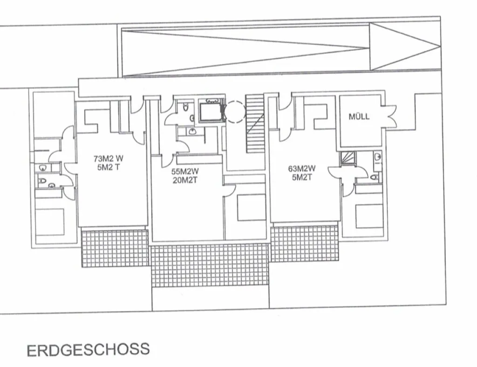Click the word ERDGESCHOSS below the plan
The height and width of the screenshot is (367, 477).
click(x=88, y=350)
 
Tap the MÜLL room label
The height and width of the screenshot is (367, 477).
click(x=359, y=116)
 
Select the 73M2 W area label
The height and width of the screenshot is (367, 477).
click(x=108, y=159)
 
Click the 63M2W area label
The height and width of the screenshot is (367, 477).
click(x=302, y=168)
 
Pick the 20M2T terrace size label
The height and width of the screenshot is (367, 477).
click(x=185, y=180)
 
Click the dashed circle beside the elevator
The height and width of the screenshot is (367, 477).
click(x=235, y=112)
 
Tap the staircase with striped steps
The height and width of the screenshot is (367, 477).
click(x=255, y=124)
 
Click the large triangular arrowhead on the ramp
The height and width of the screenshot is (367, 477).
click(x=405, y=47)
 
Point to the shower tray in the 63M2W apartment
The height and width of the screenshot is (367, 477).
click(x=348, y=159)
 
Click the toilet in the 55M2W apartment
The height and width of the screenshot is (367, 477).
click(x=186, y=107)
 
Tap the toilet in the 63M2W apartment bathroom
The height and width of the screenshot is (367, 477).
click(x=375, y=177)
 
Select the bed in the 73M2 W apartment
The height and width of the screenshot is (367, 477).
click(x=50, y=222)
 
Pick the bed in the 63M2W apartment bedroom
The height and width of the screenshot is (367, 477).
click(x=369, y=216)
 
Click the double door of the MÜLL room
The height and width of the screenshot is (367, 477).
click(x=389, y=116)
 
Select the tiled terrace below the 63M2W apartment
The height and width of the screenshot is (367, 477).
click(x=305, y=243)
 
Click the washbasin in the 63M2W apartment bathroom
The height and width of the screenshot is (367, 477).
click(x=377, y=157)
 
